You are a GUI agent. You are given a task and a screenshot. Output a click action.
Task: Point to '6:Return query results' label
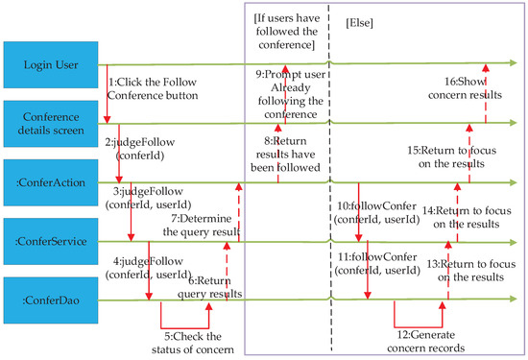click(215, 286)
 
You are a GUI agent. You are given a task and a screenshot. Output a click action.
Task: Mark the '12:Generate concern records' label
click(433, 342)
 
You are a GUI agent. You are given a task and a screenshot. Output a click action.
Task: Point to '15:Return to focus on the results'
click(456, 156)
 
